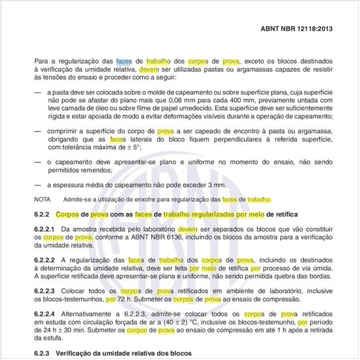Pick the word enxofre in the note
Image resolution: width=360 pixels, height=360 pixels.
pos(145,198)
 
